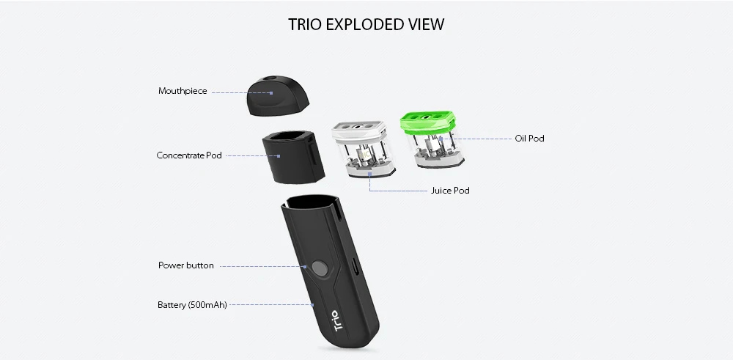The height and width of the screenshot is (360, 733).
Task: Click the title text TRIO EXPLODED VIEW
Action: coord(366,25)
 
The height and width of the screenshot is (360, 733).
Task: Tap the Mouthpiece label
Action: coord(183,92)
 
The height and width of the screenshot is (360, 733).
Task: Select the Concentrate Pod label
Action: coord(189,155)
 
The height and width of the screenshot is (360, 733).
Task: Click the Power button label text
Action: coord(186,265)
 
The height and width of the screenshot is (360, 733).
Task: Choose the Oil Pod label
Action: coord(529,138)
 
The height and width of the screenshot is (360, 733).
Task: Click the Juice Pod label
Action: coord(450,191)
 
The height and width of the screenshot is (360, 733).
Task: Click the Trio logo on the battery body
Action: coord(336,320)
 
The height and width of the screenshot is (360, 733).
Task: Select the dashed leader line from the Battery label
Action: coord(270,304)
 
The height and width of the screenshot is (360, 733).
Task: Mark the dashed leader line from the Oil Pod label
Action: coord(484,138)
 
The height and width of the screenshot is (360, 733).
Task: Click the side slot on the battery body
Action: coord(356,266)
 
